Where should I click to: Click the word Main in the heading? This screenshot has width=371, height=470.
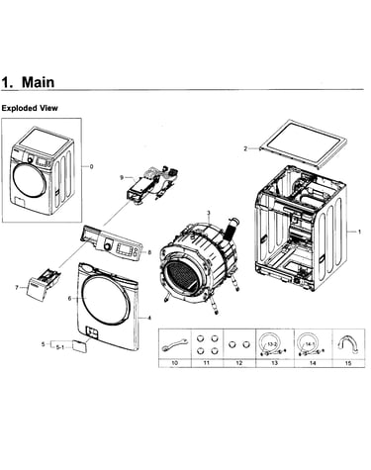click(38, 82)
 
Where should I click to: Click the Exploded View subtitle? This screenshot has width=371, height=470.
click(30, 108)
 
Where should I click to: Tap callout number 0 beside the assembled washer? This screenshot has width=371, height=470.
click(91, 166)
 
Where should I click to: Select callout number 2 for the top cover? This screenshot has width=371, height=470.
click(245, 148)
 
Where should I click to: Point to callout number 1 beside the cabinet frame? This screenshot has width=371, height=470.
click(359, 232)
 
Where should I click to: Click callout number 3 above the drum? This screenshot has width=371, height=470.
click(209, 213)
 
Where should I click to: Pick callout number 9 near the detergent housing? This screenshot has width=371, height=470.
click(122, 177)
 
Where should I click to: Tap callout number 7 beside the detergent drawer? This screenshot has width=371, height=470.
click(17, 288)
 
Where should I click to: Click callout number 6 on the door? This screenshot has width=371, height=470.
click(69, 299)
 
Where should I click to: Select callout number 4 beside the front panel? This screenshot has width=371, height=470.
click(149, 318)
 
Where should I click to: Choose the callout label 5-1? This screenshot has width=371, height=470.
click(59, 347)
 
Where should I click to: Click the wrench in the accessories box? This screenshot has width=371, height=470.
click(175, 344)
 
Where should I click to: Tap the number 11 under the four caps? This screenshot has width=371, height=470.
click(207, 363)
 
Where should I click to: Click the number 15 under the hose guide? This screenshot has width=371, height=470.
click(348, 363)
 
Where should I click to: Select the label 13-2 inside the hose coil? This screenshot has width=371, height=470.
click(272, 344)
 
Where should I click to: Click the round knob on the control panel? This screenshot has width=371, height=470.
click(107, 246)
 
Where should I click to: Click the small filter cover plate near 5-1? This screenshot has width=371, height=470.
click(80, 346)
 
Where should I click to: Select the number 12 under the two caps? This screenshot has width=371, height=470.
click(239, 363)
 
